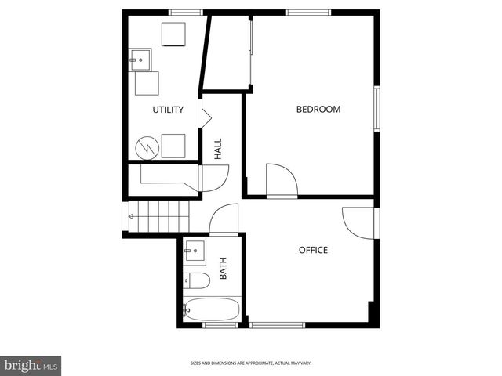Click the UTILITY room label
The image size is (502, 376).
click(x=168, y=110)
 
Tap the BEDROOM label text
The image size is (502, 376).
click(x=318, y=110)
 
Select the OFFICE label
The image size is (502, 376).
click(x=313, y=250)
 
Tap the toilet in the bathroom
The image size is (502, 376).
click(x=196, y=280)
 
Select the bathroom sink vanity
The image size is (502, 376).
click(x=194, y=252)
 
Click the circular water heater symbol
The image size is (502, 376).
click(x=145, y=146)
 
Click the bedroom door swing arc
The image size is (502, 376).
click(x=282, y=180)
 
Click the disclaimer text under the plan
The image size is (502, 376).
click(x=250, y=363)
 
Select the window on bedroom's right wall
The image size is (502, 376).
click(x=376, y=109)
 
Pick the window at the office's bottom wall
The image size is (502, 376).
click(x=277, y=324)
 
